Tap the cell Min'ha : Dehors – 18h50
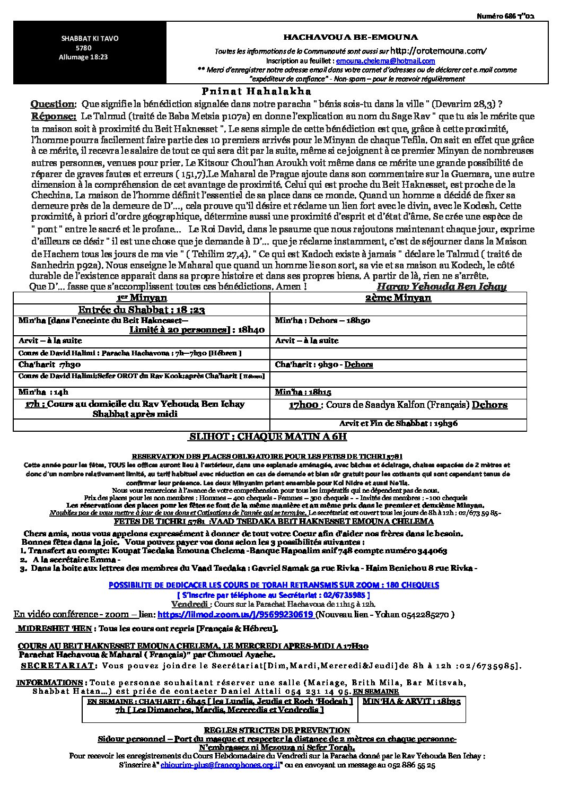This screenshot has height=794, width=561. pos(322,321)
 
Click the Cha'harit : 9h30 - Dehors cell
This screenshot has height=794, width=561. pos(324,364)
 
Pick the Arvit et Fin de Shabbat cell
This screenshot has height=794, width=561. pos(398,423)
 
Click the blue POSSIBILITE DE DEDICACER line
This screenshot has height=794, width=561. pos(274,584)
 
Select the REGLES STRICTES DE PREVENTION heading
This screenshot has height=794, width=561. pos(277,730)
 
